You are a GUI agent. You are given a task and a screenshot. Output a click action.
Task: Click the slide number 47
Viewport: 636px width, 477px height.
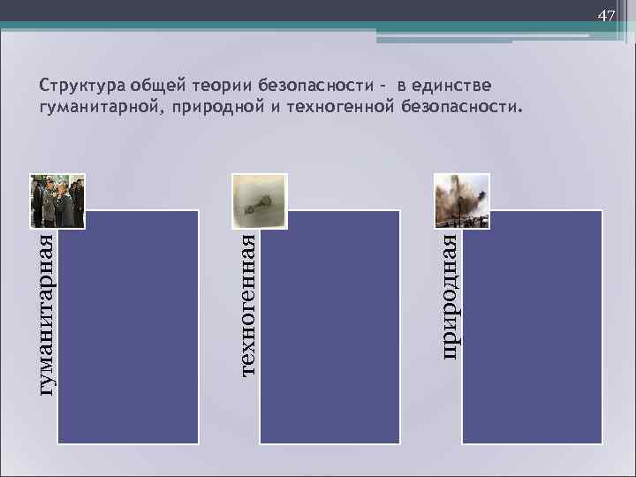(606, 17)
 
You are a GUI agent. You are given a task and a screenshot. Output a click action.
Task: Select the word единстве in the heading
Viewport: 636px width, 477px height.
(453, 86)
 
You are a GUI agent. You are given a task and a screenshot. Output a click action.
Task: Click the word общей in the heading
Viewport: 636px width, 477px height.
(155, 86)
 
